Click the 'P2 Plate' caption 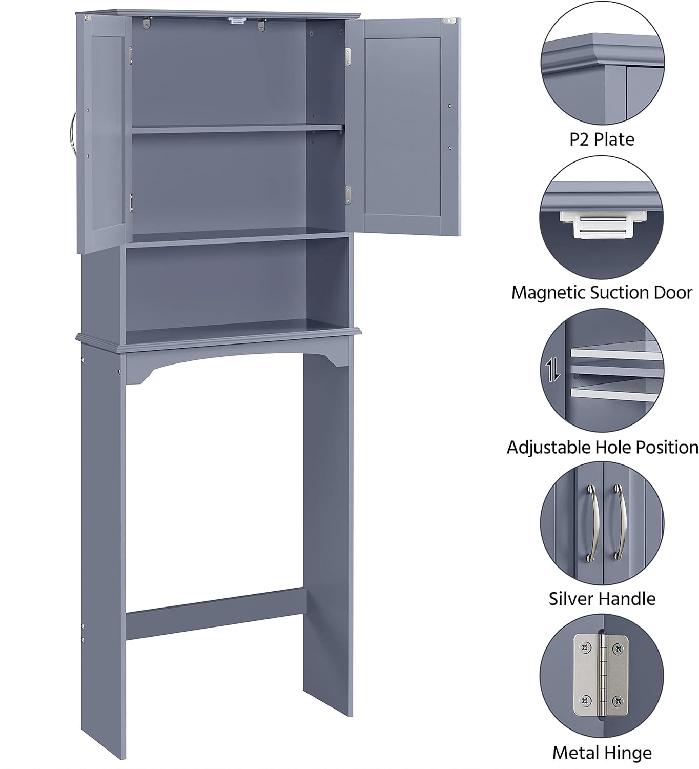[x=602, y=139]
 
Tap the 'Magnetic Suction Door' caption [x=602, y=293]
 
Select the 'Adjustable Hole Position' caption [x=603, y=448]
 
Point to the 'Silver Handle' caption [x=602, y=598]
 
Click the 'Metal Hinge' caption [x=602, y=753]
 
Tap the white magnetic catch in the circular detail [x=603, y=224]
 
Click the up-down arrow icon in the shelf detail [x=552, y=369]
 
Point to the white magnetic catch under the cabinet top [x=237, y=21]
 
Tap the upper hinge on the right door [x=348, y=56]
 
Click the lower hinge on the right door [x=348, y=195]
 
